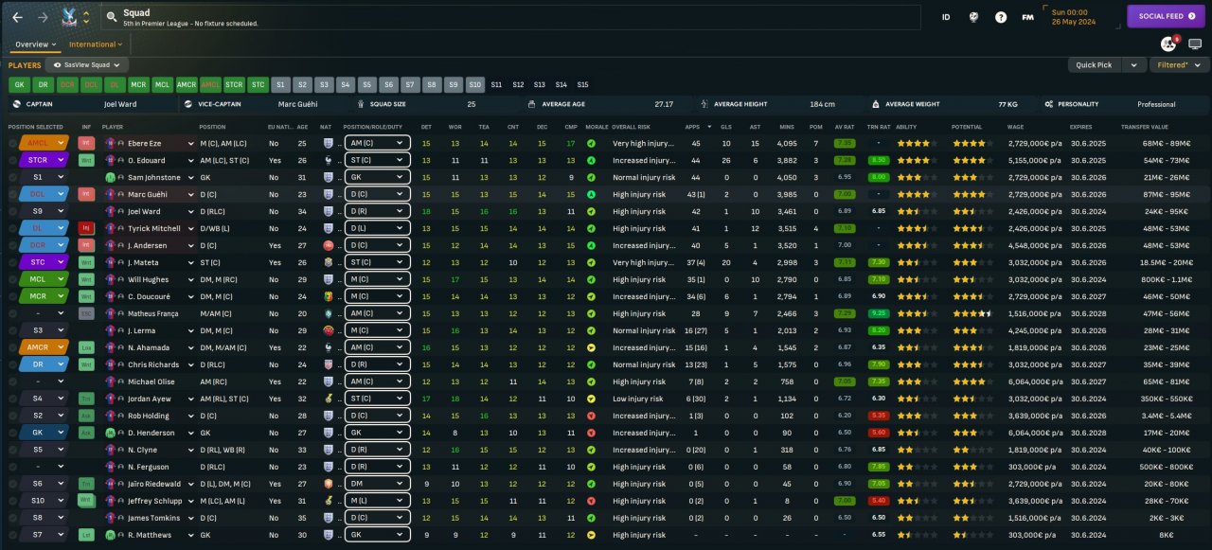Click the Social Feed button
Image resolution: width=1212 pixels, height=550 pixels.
pos(1165,16)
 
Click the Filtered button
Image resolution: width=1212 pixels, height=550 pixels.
pos(1178,65)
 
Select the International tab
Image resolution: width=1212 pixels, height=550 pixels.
pos(95,44)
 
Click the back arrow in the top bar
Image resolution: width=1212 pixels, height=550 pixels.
pos(17,17)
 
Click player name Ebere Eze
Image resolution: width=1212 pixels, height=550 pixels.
pos(148,144)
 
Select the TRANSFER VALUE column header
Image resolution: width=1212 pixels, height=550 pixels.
pos(1144,127)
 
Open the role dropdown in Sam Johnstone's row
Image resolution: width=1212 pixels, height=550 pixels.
pos(376,178)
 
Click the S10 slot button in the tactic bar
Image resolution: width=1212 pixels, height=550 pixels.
pos(474,84)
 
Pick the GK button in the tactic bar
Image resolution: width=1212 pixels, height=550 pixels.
pos(19,84)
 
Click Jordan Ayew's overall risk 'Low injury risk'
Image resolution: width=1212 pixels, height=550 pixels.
pos(637,399)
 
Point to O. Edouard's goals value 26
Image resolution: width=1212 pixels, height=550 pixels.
pos(725,161)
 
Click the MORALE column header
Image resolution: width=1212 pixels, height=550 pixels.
pos(597,127)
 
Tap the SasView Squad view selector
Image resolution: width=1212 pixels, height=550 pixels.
pos(87,65)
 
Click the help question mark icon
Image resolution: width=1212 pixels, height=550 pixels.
pos(1001,17)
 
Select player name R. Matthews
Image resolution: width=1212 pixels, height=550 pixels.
pos(150,536)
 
